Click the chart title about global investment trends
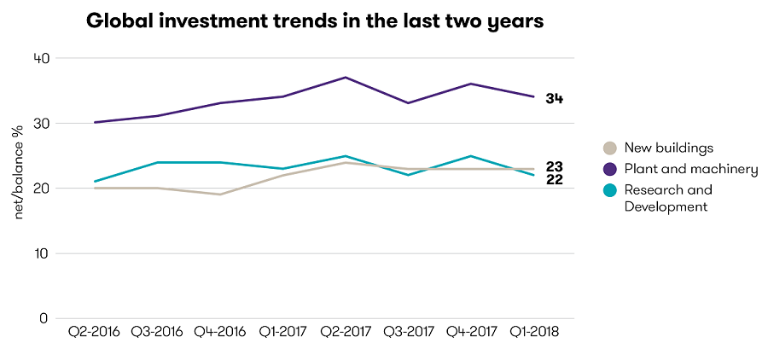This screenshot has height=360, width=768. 315,22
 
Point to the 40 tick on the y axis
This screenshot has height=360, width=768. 41,58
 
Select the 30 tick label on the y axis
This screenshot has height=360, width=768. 41,123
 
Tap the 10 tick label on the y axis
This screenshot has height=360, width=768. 41,253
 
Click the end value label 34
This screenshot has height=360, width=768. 555,99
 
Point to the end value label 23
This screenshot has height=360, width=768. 555,166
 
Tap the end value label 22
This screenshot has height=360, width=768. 555,180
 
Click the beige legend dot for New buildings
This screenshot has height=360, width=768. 609,148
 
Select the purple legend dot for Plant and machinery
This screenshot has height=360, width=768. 609,169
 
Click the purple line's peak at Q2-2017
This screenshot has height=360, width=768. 345,78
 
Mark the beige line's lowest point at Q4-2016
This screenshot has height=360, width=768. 219,195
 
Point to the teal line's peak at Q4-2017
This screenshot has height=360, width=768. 470,156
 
